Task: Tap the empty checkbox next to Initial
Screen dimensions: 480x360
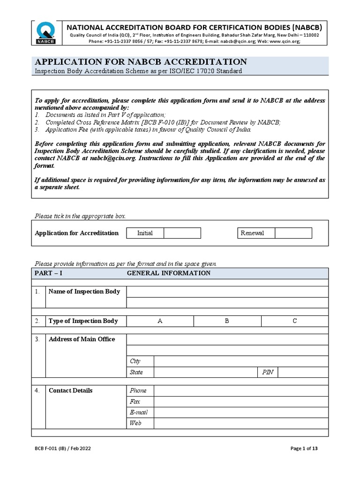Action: point(182,233)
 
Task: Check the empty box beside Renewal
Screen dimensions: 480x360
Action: point(293,233)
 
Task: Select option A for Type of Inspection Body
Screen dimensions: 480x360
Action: point(160,321)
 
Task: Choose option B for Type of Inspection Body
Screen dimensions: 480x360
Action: point(227,321)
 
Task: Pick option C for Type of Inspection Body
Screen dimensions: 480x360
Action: point(295,321)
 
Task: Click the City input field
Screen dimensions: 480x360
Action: point(241,361)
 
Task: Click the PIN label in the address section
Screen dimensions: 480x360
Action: point(268,372)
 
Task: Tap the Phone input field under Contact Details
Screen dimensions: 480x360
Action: point(241,390)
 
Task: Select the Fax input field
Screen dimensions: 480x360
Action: point(241,402)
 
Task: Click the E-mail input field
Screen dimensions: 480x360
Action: point(241,412)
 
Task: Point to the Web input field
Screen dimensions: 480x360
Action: point(241,423)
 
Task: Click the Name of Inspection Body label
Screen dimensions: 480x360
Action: point(84,292)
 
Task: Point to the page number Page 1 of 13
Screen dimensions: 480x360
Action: point(304,449)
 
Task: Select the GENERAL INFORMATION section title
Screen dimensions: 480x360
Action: point(169,273)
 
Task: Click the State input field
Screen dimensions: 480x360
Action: point(205,372)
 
